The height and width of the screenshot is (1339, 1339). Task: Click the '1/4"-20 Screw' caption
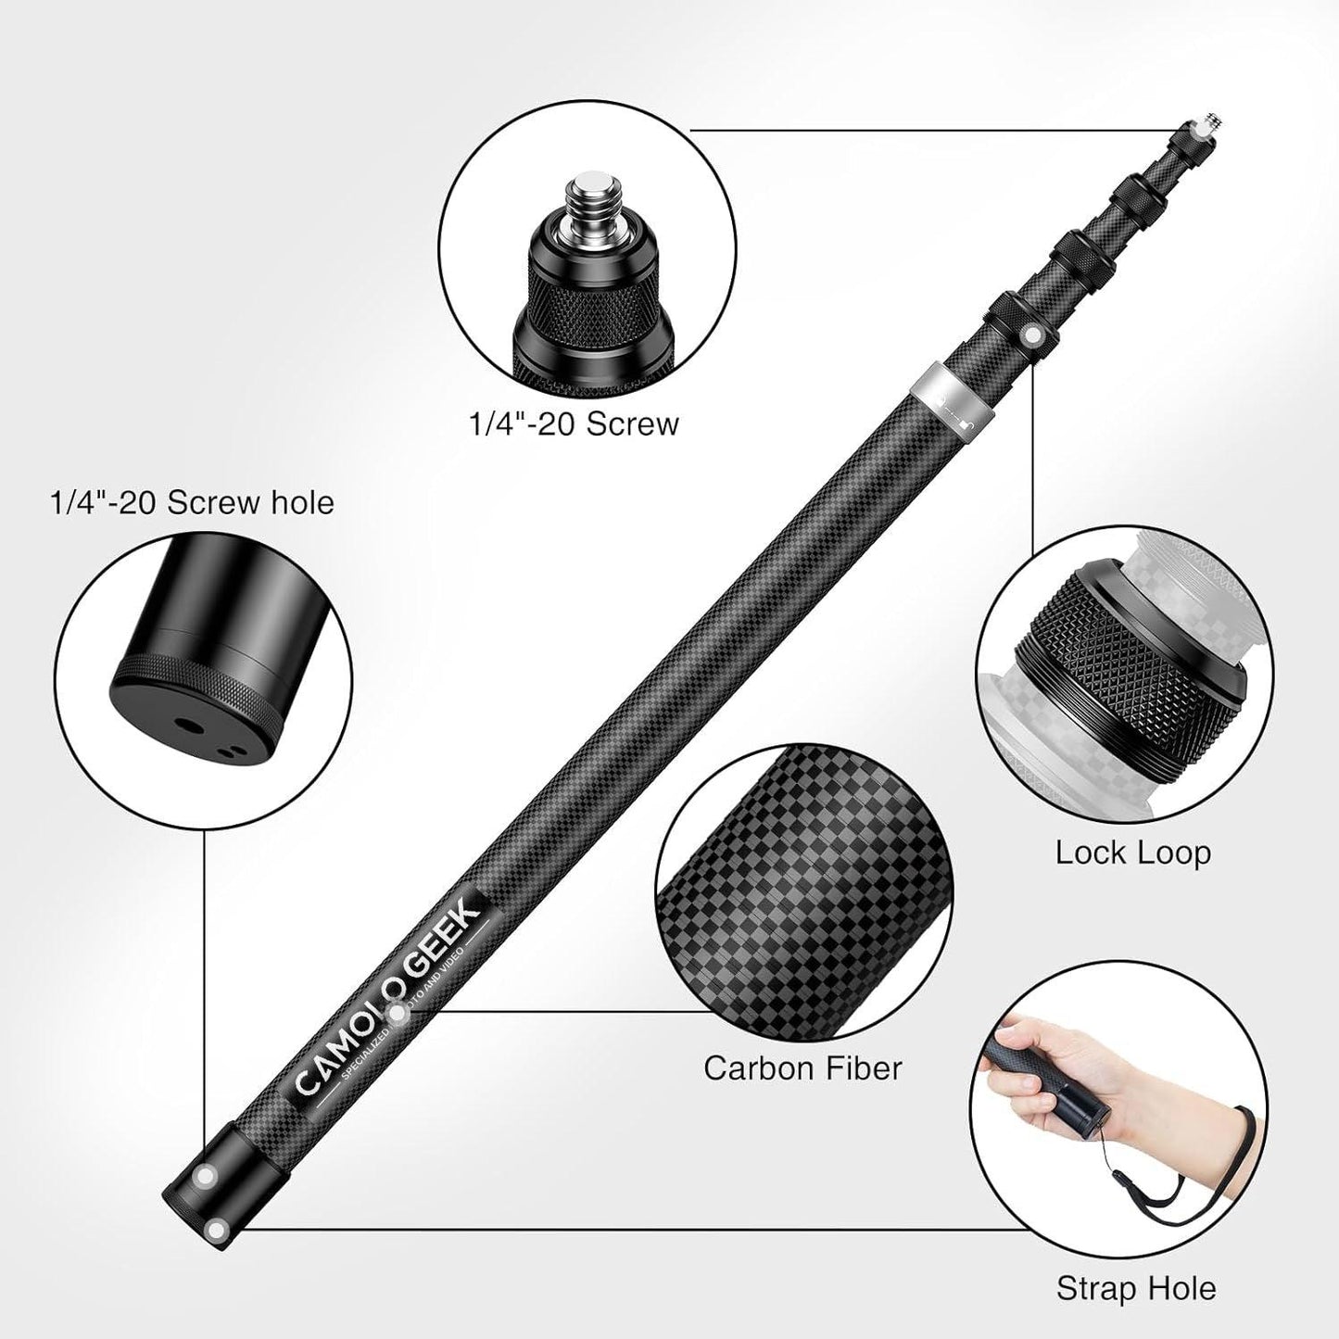point(572,424)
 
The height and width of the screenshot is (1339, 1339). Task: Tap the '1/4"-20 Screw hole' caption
point(191,502)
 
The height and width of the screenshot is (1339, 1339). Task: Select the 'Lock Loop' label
point(1132,853)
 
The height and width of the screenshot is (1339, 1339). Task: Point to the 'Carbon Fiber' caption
point(802,1067)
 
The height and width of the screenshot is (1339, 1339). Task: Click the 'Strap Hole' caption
point(1135,1287)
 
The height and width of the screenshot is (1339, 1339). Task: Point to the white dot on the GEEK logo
point(399,1015)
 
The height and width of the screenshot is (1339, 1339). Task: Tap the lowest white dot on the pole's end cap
point(218,1229)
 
